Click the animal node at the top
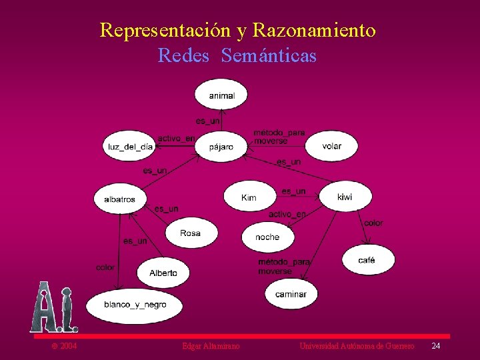(221, 95)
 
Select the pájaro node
(221, 146)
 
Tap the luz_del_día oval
(130, 146)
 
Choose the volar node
(331, 146)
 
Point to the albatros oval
(119, 199)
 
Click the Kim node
(249, 197)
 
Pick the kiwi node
(345, 197)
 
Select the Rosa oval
(190, 233)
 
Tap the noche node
(267, 237)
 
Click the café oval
(367, 260)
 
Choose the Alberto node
(163, 272)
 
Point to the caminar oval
(291, 293)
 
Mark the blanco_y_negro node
(135, 305)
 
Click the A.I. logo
(54, 308)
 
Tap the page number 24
(436, 346)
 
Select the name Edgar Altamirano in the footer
(211, 346)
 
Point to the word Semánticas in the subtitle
(269, 56)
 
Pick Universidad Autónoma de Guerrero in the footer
(357, 346)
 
